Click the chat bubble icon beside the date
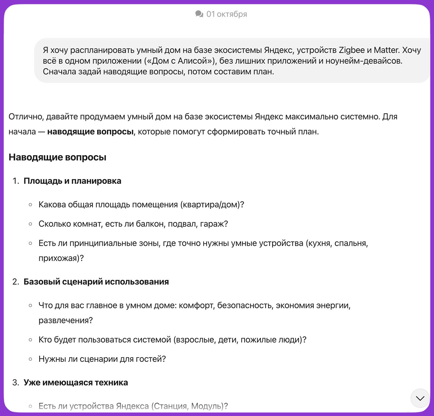point(199,14)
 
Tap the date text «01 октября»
point(227,14)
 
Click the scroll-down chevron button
point(420,398)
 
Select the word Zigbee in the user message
point(352,50)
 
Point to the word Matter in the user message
point(386,50)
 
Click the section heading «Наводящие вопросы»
point(57,157)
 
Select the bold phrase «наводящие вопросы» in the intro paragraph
point(90,132)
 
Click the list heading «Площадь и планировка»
point(72,181)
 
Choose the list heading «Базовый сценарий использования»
point(96,282)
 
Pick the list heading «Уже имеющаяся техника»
point(76,382)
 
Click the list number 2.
point(15,282)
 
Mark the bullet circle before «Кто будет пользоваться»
point(30,340)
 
